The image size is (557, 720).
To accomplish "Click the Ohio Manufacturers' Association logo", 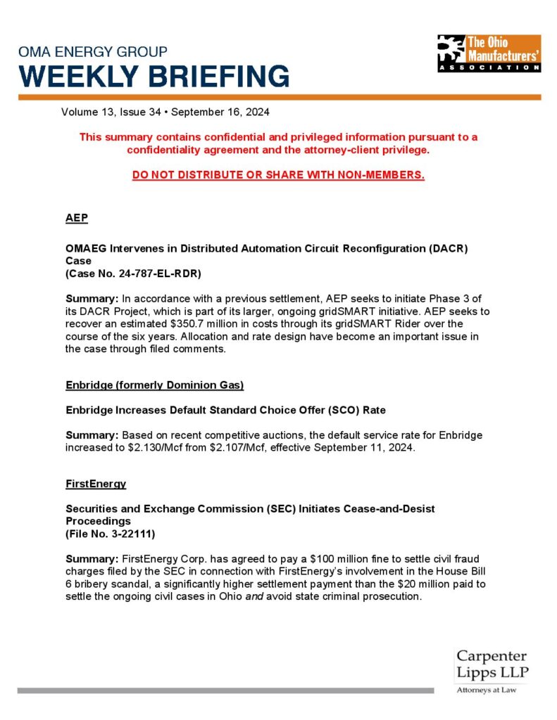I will [x=489, y=53].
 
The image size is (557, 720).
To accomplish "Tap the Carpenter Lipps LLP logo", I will [x=492, y=665].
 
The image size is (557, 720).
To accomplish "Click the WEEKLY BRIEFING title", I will [x=154, y=76].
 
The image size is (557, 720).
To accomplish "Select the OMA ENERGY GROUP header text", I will [x=93, y=52].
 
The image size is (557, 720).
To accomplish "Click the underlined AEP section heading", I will [x=76, y=218].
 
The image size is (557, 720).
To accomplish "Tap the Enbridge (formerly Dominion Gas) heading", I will [x=154, y=385].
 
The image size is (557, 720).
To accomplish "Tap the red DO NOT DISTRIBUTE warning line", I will [x=278, y=174].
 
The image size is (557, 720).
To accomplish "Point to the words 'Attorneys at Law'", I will [x=486, y=690].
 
